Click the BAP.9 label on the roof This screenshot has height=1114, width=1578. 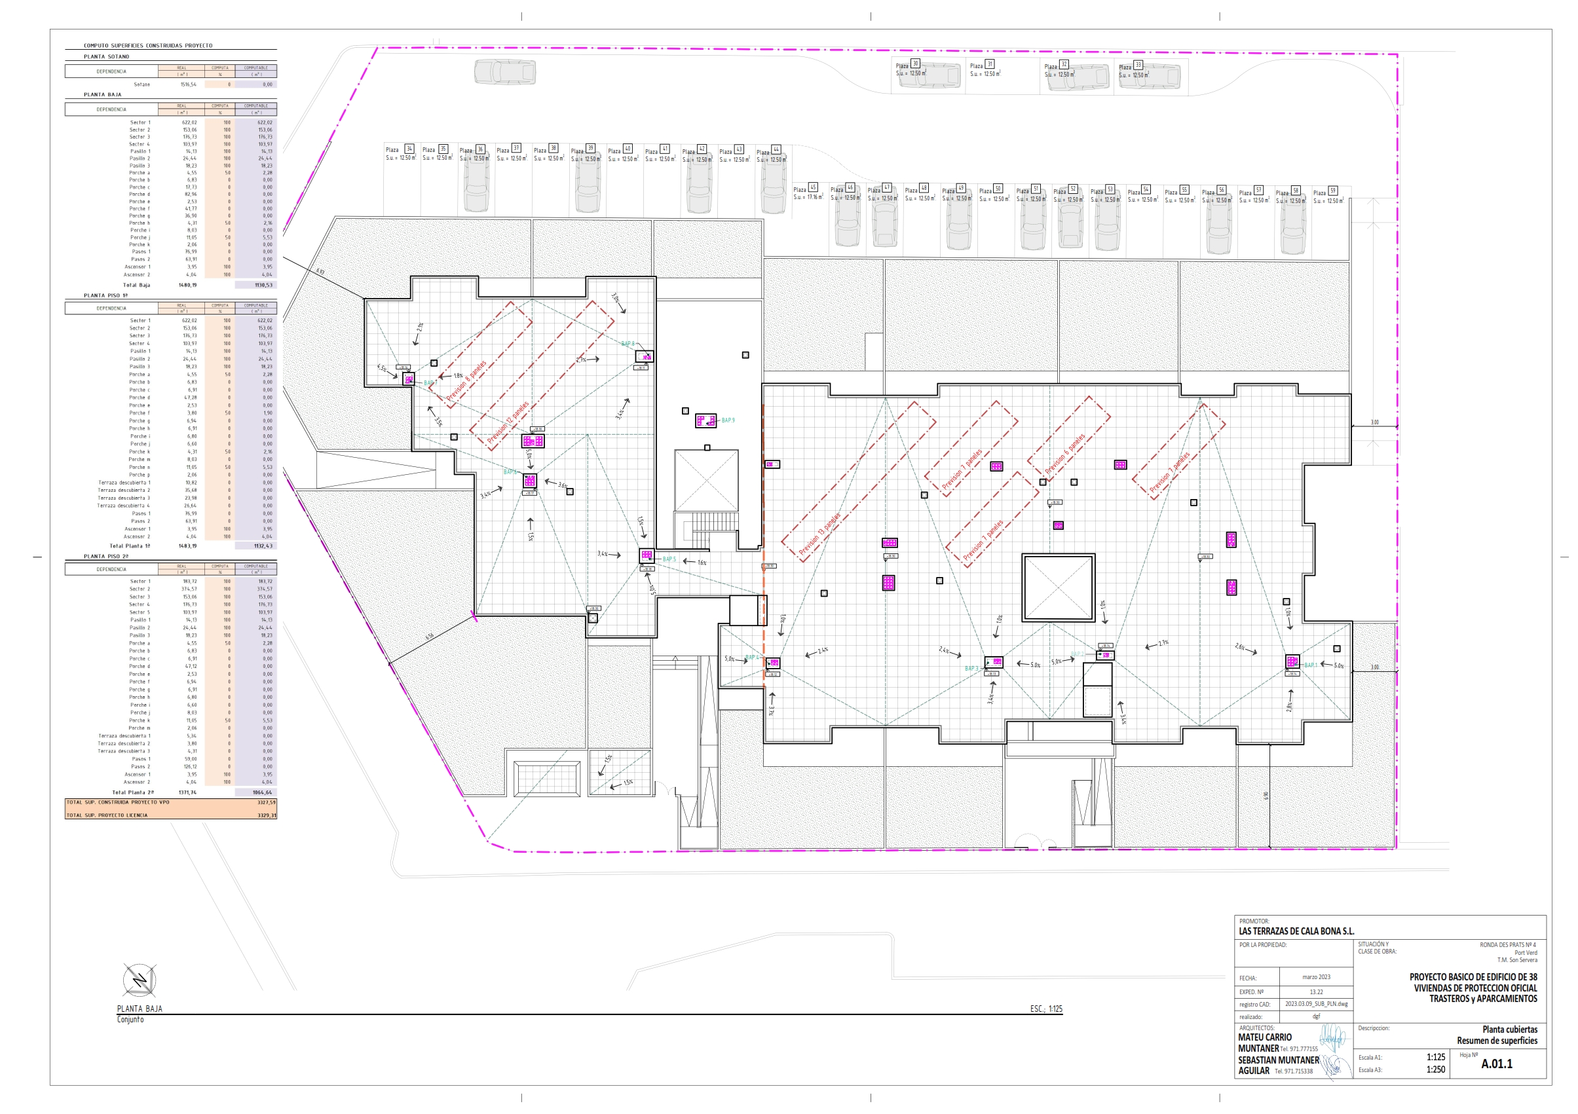[727, 420]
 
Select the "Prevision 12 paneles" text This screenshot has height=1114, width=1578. [508, 422]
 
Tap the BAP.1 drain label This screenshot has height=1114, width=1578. [1311, 665]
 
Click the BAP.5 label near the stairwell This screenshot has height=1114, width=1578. [669, 559]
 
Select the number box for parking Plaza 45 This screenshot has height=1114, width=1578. [813, 187]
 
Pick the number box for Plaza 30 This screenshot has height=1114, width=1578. [915, 64]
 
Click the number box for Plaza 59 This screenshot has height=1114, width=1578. [1332, 191]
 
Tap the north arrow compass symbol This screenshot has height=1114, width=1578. [140, 979]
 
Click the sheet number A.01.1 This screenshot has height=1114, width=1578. [1496, 1064]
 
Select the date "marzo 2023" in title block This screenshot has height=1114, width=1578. [1315, 976]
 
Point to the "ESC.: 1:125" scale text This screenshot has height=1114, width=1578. [1045, 1009]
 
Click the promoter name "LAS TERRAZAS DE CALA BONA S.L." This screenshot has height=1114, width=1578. [1296, 931]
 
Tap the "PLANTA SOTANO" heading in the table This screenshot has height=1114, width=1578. [107, 56]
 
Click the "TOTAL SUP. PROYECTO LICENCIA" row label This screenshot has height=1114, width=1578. [107, 815]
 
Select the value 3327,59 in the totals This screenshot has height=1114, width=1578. [266, 802]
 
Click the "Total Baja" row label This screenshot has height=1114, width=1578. [136, 284]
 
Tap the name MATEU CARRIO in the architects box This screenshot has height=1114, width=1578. [1265, 1037]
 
